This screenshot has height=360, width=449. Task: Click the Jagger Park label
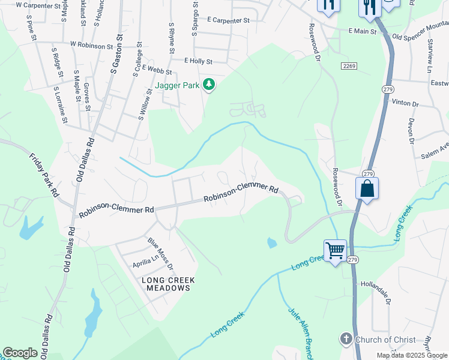[x=177, y=86]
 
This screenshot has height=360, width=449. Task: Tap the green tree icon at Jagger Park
[x=209, y=85]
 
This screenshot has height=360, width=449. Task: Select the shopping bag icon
[x=366, y=188]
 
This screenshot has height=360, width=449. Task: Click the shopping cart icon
[x=335, y=250]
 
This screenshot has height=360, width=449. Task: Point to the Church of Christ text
[x=385, y=340]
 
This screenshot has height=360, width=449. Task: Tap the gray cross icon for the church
[x=346, y=340]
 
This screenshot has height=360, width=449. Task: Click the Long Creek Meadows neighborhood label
[x=166, y=284]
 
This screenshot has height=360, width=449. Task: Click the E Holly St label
[x=198, y=61]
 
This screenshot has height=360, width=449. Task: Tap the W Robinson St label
[x=91, y=45]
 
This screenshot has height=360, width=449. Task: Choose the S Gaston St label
[x=116, y=55]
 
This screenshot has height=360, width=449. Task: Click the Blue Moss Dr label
[x=160, y=253]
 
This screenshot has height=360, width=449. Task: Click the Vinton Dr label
[x=405, y=103]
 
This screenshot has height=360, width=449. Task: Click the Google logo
[x=20, y=353]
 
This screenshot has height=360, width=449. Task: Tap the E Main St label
[x=363, y=30]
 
